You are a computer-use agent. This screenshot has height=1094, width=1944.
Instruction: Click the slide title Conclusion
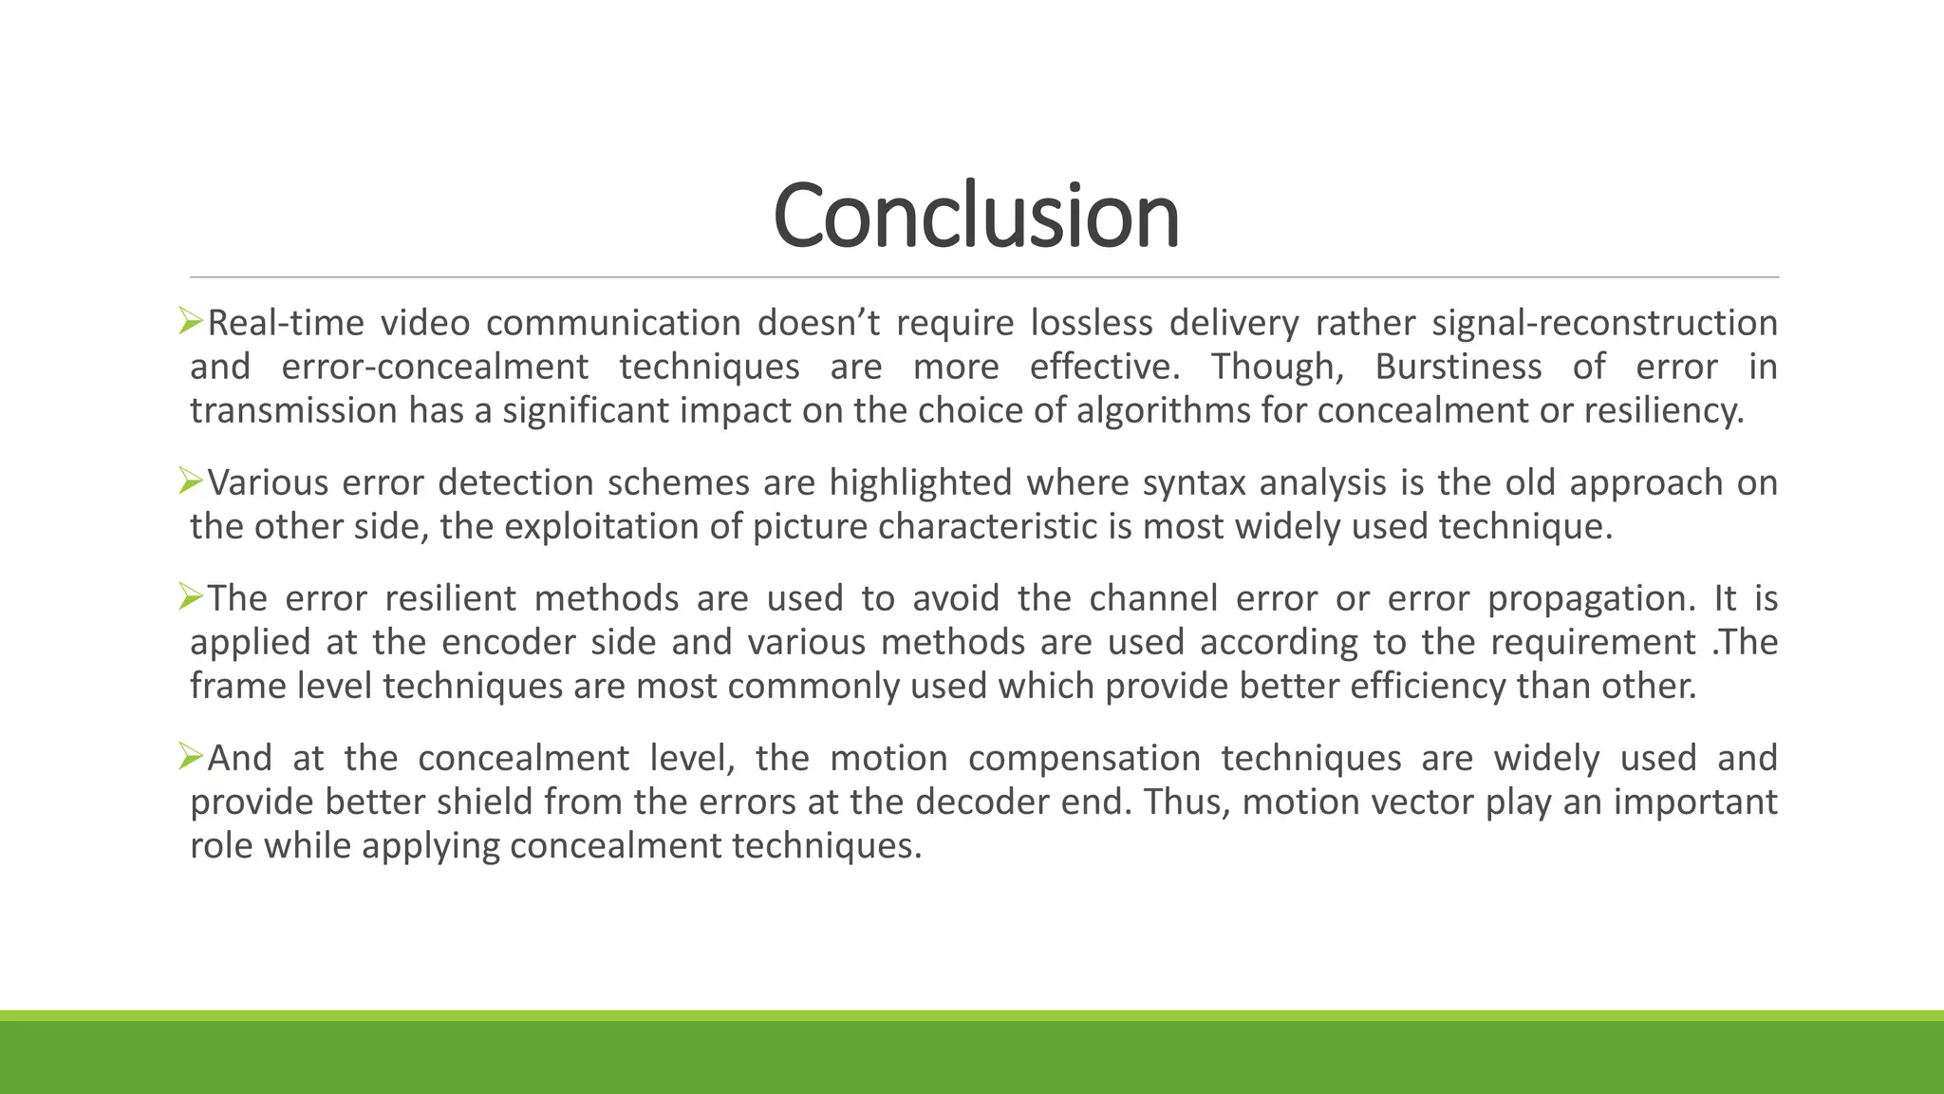click(976, 217)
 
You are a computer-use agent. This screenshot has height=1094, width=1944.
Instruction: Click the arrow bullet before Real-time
click(191, 322)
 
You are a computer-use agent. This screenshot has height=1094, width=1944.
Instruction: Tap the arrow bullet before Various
click(191, 481)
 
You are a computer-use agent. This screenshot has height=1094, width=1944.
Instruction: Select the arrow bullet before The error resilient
click(191, 597)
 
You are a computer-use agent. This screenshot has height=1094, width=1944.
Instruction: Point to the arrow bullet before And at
click(191, 757)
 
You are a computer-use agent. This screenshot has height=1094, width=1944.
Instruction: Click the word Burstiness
click(1458, 367)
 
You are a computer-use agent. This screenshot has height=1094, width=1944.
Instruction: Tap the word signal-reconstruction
click(1604, 323)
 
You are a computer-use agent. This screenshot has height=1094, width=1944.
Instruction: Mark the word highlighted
click(921, 483)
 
